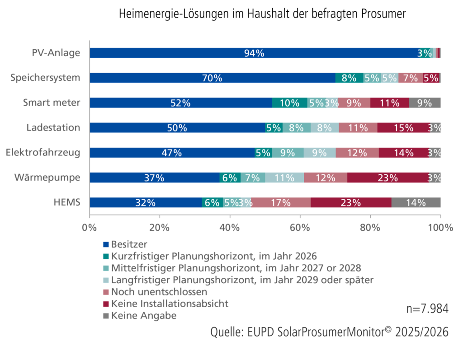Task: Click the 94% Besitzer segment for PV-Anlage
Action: (254, 53)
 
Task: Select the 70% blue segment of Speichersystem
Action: (212, 78)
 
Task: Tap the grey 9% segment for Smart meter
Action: (425, 103)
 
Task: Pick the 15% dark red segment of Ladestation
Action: (403, 128)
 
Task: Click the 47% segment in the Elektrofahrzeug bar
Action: (172, 153)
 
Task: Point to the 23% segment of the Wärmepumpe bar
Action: (387, 178)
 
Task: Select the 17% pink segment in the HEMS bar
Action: (281, 202)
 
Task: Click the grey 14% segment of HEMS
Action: (416, 202)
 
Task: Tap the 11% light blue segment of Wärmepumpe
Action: (284, 178)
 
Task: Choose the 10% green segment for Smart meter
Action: (289, 103)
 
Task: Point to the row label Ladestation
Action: (53, 128)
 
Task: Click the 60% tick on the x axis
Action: (300, 228)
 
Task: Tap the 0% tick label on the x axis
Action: (90, 228)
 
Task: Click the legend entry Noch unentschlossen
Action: (160, 292)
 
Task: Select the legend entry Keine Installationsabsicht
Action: (170, 304)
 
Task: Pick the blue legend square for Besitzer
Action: (106, 245)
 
